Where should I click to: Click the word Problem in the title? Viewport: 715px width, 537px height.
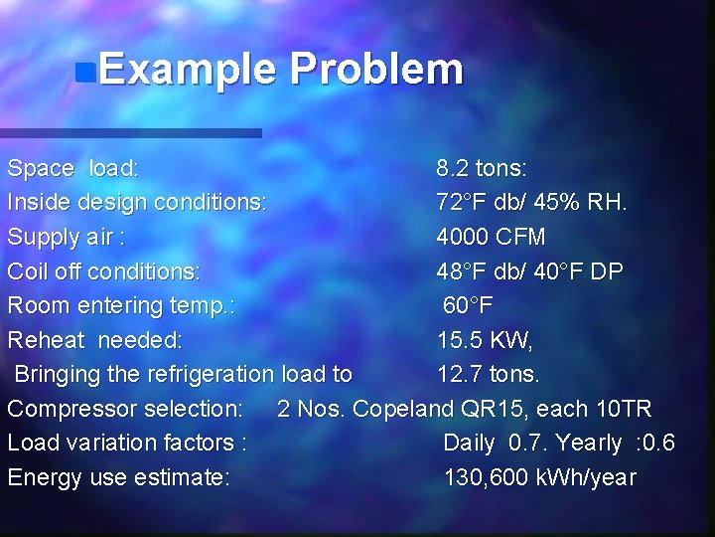coord(376,71)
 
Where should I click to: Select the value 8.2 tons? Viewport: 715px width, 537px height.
coord(482,167)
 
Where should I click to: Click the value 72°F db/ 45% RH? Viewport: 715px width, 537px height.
coord(531,202)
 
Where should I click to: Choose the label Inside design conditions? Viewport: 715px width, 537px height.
coord(137,202)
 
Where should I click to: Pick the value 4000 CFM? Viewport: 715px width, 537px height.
coord(491,237)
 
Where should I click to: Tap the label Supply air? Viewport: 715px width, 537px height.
coord(67,237)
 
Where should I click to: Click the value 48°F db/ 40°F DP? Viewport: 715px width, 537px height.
coord(530,270)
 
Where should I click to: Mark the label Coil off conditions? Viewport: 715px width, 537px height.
coord(104,270)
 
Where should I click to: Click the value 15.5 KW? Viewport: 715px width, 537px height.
coord(486,340)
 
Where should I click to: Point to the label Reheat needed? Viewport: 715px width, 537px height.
coord(95,340)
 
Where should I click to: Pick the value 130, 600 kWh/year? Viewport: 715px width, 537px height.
coord(539,477)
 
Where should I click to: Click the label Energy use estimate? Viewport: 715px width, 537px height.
coord(119,477)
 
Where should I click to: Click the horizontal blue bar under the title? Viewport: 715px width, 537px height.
coord(130,132)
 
